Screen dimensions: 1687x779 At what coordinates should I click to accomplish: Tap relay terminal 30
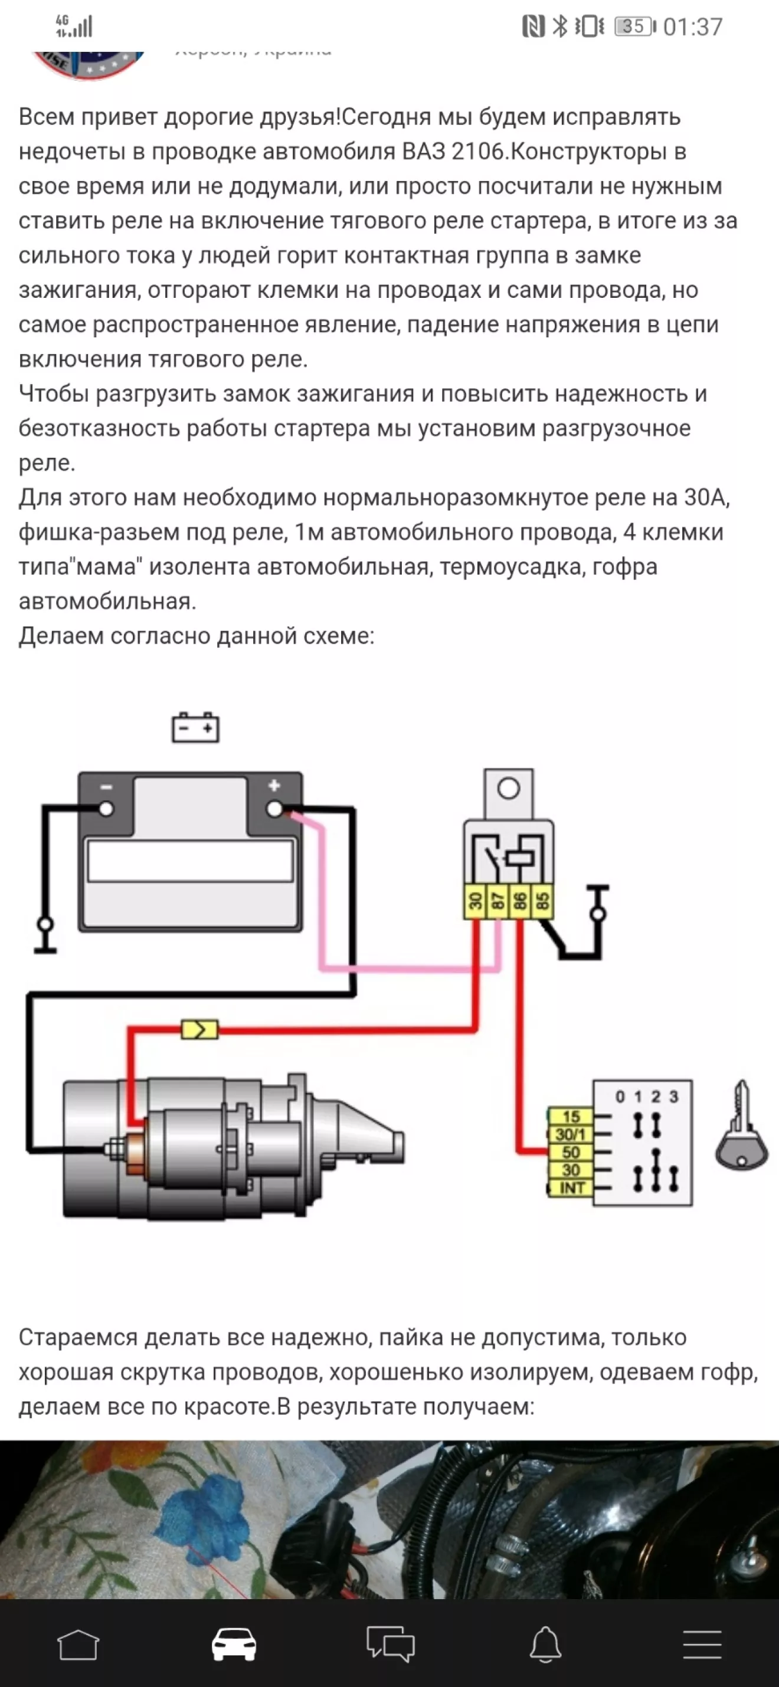[476, 902]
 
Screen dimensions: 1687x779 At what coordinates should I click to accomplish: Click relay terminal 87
[498, 902]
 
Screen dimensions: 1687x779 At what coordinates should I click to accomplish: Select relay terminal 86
[519, 902]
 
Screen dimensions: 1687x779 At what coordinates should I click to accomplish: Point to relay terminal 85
[542, 902]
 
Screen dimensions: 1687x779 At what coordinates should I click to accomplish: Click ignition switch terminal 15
[571, 1117]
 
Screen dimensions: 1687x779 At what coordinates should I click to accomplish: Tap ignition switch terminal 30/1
[571, 1134]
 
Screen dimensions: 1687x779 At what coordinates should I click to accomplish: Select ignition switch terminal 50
[571, 1152]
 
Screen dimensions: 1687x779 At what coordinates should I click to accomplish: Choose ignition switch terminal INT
[571, 1188]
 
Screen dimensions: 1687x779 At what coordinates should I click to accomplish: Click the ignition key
[742, 1127]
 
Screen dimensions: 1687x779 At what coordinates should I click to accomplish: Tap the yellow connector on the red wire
[199, 1030]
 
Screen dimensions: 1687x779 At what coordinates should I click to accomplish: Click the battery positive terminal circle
[274, 809]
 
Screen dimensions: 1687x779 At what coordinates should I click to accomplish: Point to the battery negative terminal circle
[106, 809]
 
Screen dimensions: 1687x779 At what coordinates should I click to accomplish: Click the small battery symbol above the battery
[195, 727]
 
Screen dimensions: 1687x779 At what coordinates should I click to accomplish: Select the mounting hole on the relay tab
[508, 789]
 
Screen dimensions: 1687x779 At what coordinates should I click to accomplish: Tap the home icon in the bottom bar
[78, 1645]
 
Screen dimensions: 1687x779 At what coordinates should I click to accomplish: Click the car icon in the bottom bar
[234, 1645]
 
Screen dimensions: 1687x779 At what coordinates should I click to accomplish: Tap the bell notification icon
[545, 1645]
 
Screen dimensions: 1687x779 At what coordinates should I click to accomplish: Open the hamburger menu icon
[702, 1645]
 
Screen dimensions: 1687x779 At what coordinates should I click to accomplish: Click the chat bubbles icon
[391, 1645]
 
